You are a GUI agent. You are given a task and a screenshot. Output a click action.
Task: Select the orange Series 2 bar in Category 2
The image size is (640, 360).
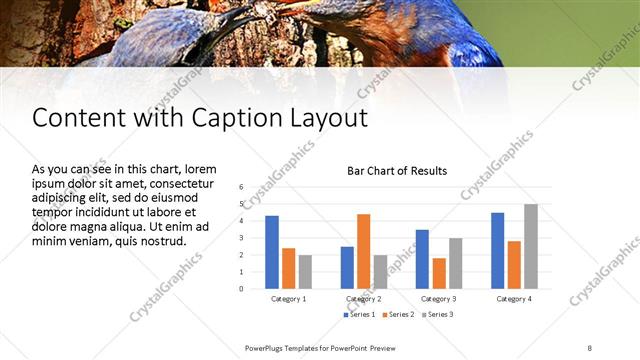tap(363, 251)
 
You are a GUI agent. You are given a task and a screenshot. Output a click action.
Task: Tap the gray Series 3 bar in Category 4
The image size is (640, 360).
tap(530, 246)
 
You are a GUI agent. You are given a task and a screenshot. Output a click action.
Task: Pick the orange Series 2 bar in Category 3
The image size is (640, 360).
tap(438, 273)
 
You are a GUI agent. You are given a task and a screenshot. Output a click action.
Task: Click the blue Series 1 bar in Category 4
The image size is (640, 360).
tap(497, 250)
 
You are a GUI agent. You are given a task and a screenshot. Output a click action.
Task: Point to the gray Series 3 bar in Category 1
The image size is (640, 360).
tap(305, 271)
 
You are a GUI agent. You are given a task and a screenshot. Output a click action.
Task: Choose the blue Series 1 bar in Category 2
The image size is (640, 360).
tap(347, 267)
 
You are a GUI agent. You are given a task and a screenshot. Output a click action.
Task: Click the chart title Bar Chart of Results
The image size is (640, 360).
tap(397, 171)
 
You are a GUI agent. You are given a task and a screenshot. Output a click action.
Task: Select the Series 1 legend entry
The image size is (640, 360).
tap(361, 315)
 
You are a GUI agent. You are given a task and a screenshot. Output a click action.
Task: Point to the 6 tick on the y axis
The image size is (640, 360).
tap(241, 187)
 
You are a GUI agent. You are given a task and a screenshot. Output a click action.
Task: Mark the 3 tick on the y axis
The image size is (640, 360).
tap(241, 238)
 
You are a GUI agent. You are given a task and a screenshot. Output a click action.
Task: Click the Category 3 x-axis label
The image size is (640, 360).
tap(439, 299)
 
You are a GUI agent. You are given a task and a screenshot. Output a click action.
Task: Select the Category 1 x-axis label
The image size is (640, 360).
tap(289, 299)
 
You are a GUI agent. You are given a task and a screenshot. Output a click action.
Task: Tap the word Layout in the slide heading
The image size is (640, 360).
tap(330, 118)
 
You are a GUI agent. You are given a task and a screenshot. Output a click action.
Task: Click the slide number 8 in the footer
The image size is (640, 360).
tap(589, 347)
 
